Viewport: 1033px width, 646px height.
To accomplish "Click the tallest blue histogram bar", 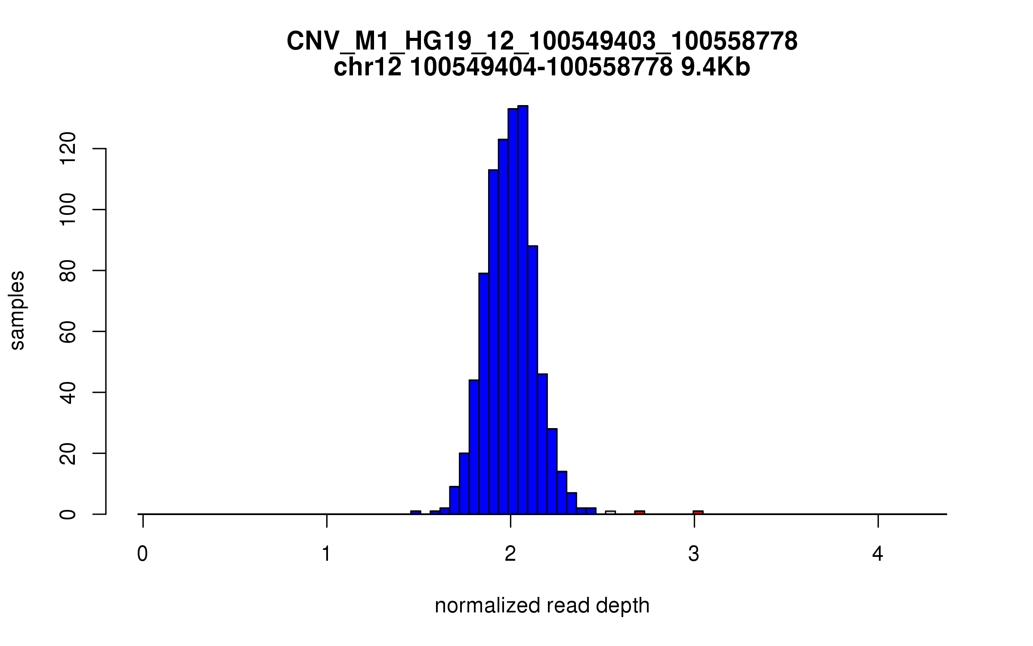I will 523,310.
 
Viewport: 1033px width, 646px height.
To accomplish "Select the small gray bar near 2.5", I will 610,512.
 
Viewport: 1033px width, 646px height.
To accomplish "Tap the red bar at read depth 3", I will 698,512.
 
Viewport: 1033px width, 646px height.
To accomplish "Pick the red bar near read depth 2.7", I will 640,512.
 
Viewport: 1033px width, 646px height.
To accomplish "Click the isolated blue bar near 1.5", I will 415,512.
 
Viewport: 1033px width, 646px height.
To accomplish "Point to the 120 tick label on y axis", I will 68,149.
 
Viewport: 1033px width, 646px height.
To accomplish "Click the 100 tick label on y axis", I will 68,210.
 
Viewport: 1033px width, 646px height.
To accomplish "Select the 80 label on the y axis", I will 68,270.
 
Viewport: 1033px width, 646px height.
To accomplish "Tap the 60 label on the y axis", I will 68,332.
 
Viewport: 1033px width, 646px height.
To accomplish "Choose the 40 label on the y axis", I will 68,392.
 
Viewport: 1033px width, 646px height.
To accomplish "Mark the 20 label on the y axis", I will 68,453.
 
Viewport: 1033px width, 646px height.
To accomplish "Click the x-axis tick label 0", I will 142,554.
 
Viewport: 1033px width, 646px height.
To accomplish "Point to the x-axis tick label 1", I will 327,554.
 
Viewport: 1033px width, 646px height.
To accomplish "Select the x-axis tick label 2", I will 510,554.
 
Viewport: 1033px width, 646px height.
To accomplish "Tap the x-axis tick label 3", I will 694,554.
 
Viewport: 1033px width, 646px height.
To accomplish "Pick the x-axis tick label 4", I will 878,554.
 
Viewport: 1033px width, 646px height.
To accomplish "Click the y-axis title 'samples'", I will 17,310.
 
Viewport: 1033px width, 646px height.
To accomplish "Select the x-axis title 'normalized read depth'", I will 542,606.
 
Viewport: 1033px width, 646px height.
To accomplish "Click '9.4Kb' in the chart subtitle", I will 715,68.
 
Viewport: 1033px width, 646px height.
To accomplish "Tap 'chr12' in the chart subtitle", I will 367,68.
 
